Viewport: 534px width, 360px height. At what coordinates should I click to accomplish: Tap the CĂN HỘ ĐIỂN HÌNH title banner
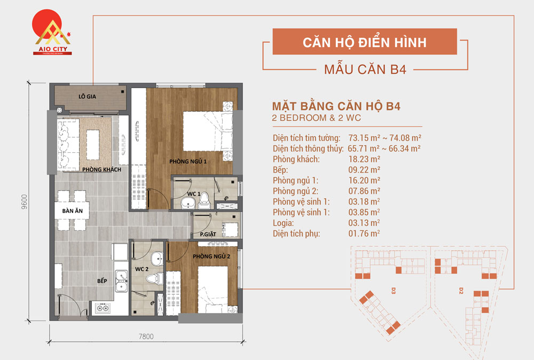[365, 42]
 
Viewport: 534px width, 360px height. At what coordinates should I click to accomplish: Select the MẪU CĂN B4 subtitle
[365, 69]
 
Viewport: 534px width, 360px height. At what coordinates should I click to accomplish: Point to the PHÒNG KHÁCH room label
[101, 170]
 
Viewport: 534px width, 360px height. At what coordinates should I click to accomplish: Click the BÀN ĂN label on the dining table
[72, 211]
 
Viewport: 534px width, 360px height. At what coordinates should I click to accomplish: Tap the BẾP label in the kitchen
[102, 279]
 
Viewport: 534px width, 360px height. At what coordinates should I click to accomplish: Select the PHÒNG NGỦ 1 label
[187, 161]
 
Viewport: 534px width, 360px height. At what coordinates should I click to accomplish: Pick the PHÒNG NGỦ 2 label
[211, 256]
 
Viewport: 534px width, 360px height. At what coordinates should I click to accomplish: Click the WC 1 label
[193, 193]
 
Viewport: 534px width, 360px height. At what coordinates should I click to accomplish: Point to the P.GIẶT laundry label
[208, 234]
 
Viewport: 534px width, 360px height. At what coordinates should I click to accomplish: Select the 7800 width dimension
[146, 336]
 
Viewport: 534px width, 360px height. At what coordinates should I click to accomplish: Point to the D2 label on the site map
[460, 291]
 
